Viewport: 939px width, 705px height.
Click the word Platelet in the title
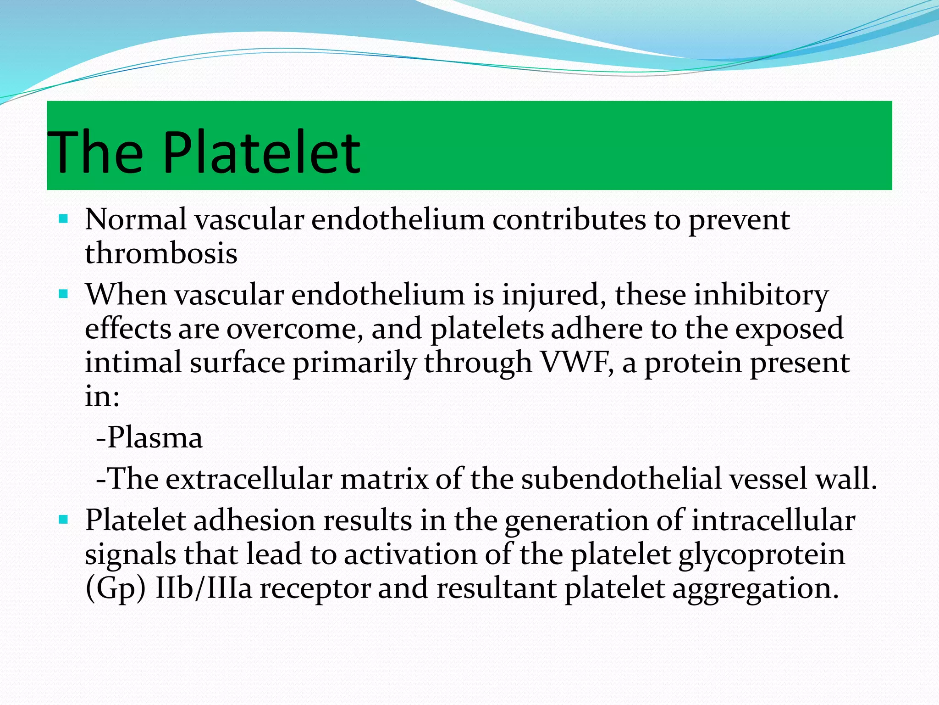click(261, 152)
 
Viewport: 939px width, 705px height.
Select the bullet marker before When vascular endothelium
click(63, 293)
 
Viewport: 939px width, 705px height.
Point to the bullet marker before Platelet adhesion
click(63, 520)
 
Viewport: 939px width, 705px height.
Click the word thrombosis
click(161, 254)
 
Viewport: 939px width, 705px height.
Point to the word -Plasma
click(149, 437)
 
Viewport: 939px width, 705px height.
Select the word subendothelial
click(621, 479)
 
